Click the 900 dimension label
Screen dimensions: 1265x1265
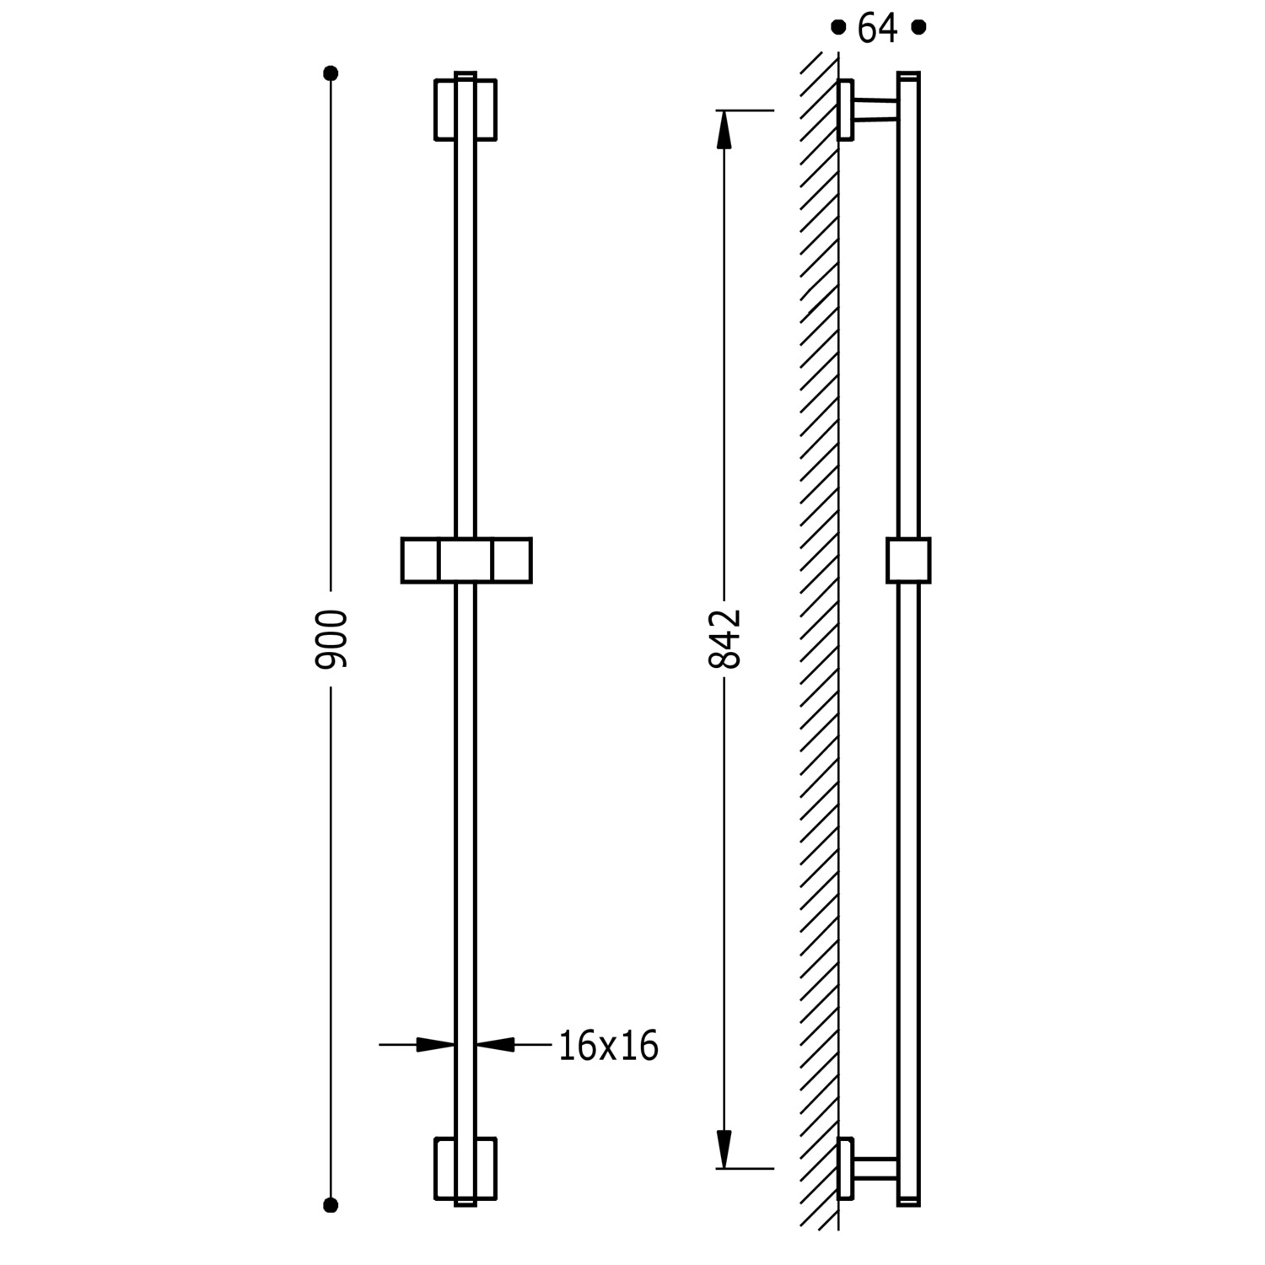[331, 638]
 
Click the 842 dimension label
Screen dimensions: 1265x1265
[724, 638]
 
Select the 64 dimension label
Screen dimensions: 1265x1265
[878, 29]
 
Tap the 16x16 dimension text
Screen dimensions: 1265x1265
[608, 1046]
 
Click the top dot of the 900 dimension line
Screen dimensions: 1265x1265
[331, 73]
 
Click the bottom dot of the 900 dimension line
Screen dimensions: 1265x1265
[331, 1204]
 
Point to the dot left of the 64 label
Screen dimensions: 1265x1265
[837, 27]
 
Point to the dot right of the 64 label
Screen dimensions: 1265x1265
[919, 27]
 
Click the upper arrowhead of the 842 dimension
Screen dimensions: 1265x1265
[724, 130]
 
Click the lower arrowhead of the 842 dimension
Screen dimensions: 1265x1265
[724, 1149]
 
